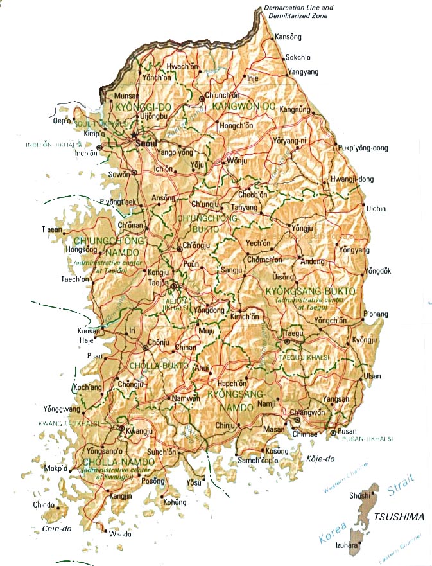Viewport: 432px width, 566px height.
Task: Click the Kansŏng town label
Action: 288,37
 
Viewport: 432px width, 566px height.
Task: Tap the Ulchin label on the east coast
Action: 376,209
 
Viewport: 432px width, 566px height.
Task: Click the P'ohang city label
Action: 377,313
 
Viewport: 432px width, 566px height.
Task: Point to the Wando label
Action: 120,533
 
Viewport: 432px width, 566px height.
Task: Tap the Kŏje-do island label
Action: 322,459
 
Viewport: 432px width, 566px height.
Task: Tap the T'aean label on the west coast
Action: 53,229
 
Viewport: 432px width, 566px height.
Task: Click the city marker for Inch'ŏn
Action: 99,148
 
